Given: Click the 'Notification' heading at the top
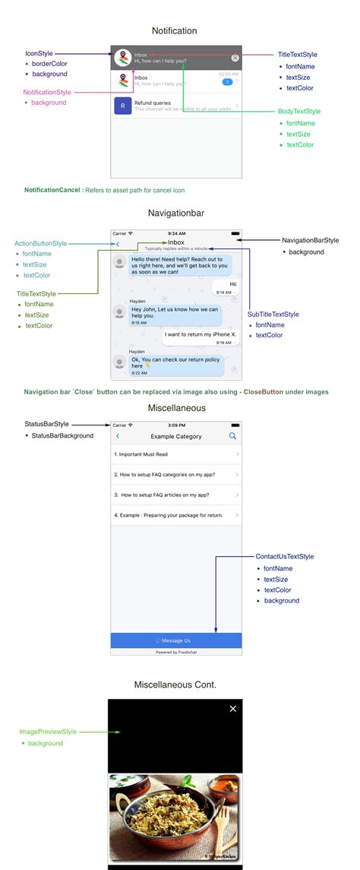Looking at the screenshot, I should [x=174, y=30].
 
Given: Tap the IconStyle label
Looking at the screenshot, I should [x=39, y=54].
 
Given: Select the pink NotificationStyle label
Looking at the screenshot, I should [x=47, y=92].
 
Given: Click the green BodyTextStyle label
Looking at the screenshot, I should [x=299, y=112].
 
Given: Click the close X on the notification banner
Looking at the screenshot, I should [x=235, y=58].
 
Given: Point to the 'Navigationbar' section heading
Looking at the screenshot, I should [x=176, y=214].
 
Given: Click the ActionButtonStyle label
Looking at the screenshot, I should [x=41, y=243].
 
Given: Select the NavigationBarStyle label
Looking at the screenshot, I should [x=311, y=240].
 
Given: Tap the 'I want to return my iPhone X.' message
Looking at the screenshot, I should [x=201, y=334].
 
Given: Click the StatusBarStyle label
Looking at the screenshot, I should [x=47, y=424].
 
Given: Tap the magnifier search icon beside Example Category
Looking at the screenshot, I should [x=232, y=436].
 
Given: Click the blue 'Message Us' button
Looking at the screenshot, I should [x=176, y=641].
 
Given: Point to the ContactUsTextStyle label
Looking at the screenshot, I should [x=285, y=557].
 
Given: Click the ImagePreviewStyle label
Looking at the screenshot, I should [x=49, y=732].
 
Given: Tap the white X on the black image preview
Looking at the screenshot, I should [x=233, y=709].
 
